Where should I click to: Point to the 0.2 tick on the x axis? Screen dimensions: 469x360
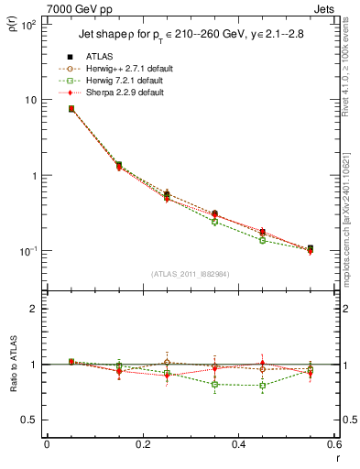142,444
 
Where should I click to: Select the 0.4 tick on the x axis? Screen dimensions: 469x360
238,444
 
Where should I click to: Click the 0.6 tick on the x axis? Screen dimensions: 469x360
334,444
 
